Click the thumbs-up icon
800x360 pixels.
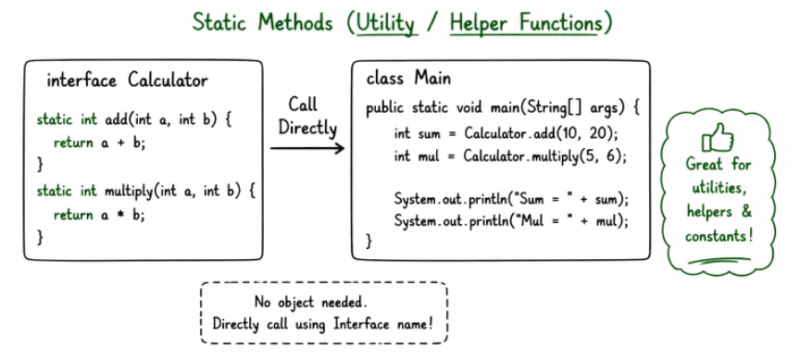point(719,139)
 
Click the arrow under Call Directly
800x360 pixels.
point(308,147)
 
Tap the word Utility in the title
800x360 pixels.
point(386,23)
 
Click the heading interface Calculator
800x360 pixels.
point(127,81)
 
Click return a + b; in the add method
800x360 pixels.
point(100,143)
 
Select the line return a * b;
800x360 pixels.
point(100,215)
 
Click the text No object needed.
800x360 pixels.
point(323,303)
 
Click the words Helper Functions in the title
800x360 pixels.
point(525,23)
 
